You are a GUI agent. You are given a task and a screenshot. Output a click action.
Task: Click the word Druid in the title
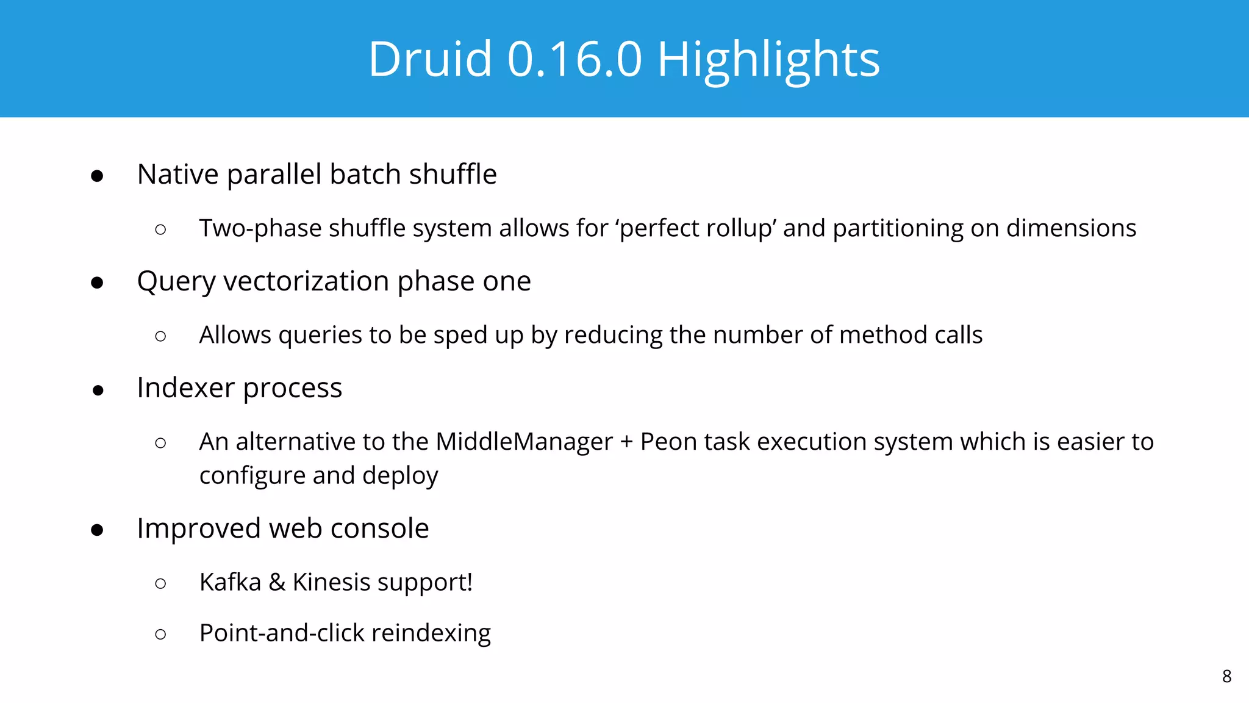[430, 59]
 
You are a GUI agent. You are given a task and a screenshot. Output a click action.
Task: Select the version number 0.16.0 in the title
[574, 59]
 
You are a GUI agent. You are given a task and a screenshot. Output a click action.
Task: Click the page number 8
[1226, 676]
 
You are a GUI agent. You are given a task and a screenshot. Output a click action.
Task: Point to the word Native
[177, 175]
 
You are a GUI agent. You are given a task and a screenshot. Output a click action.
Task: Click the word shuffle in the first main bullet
[453, 175]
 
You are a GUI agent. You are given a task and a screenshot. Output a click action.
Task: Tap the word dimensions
[1071, 228]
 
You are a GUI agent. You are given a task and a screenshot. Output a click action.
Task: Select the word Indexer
[185, 388]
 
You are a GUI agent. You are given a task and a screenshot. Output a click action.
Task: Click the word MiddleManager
[524, 442]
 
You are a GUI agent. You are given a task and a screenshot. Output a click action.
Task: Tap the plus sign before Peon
[626, 442]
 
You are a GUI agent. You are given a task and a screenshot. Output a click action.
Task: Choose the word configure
[251, 476]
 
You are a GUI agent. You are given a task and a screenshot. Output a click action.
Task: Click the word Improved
[199, 528]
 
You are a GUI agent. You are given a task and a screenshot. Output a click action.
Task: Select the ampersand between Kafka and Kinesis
[277, 582]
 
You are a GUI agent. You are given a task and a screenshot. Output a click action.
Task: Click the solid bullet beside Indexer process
[98, 391]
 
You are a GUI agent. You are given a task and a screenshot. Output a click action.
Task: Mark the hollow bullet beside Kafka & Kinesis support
[160, 583]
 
